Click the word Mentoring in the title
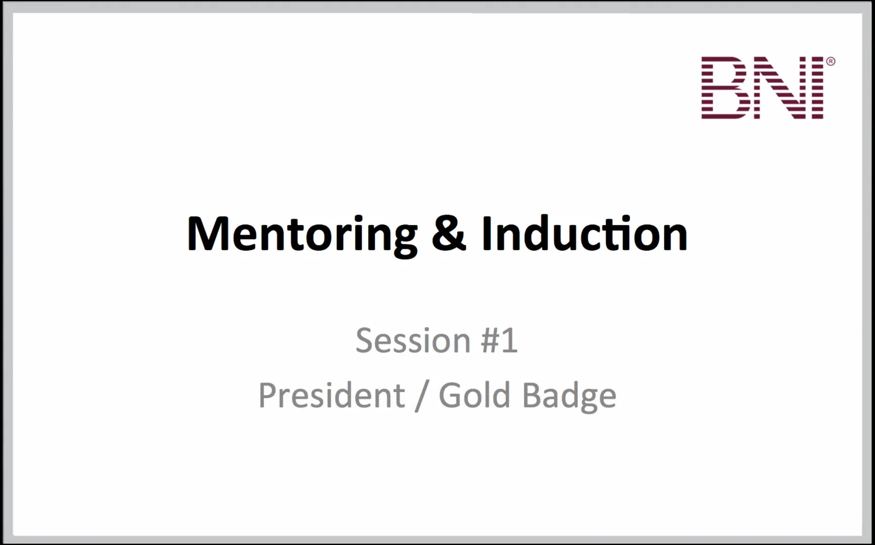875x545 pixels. pos(302,234)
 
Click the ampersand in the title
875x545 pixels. pos(449,234)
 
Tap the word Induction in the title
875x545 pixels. pos(585,234)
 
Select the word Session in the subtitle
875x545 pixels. pos(413,341)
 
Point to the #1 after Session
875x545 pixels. pos(499,341)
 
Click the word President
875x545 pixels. pos(331,395)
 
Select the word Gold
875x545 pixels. pos(474,395)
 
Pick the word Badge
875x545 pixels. pos(569,396)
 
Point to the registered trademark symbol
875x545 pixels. pos(831,62)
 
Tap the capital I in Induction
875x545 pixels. pos(487,234)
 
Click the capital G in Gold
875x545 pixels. pos(450,395)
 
